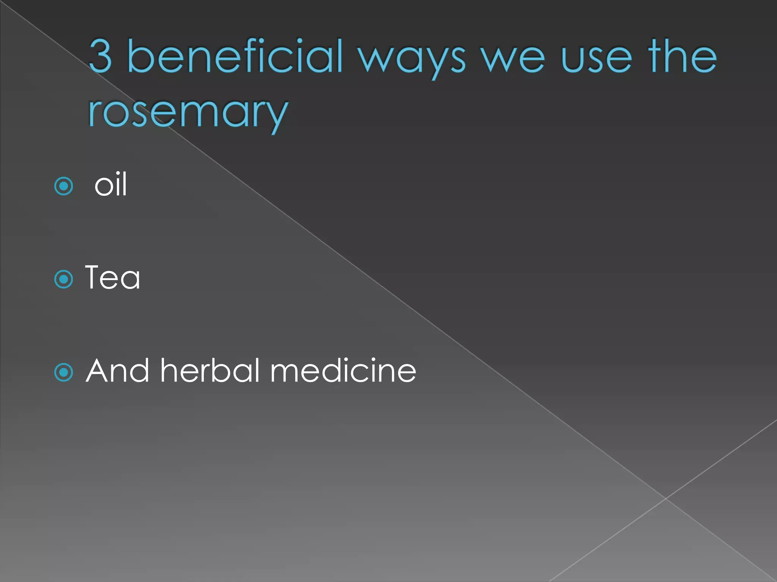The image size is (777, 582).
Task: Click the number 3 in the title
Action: coord(101,56)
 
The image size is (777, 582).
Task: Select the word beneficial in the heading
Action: coord(235,56)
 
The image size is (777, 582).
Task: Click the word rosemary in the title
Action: coord(188,112)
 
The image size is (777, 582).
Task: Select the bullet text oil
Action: coord(110,185)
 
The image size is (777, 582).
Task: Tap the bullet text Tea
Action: coord(113,277)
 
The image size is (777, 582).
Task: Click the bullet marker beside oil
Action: coord(64,186)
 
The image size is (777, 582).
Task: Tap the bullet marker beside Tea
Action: coord(64,279)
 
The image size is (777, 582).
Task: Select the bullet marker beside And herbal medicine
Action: coord(64,372)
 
